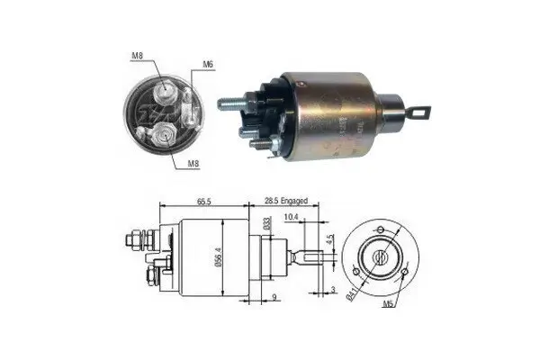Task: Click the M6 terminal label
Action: pos(208,64)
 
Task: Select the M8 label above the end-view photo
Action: pos(138,57)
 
